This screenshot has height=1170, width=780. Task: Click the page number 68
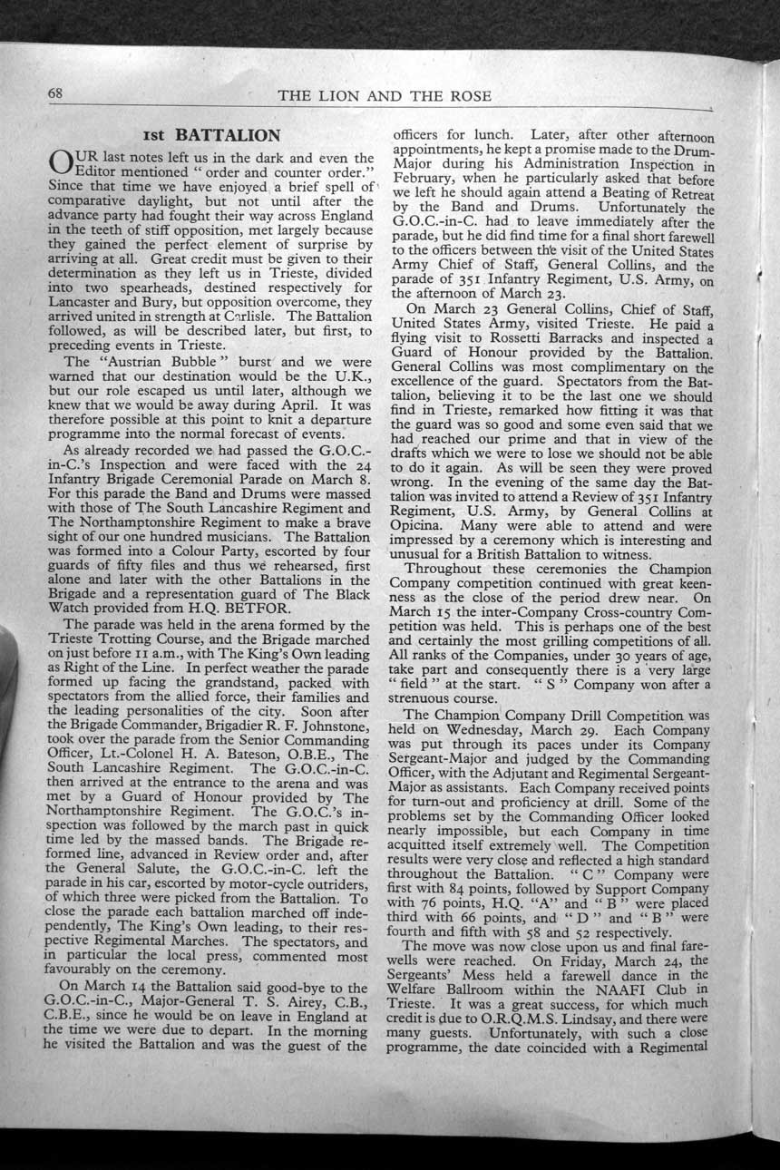54,94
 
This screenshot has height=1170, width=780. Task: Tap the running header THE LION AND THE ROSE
385,96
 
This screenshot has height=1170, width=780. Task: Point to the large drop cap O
58,169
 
